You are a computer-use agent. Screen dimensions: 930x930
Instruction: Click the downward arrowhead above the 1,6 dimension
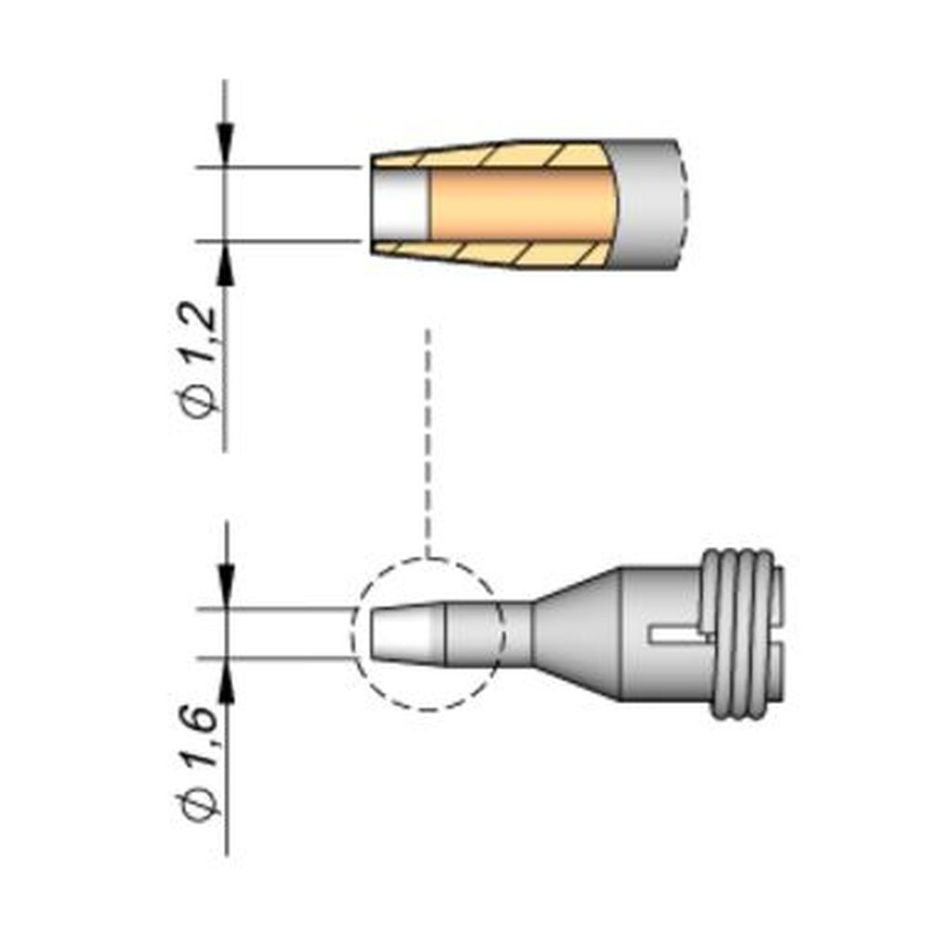coord(225,588)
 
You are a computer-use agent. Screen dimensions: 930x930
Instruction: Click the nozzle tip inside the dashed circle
coord(409,633)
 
